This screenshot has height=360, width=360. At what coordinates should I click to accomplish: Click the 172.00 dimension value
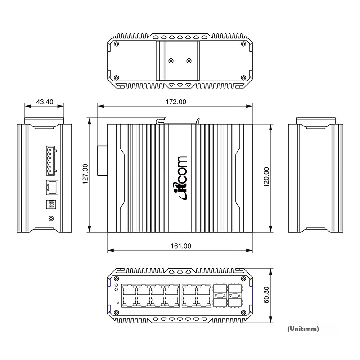point(176,102)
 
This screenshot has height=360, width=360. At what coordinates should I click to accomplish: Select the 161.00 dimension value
point(181,246)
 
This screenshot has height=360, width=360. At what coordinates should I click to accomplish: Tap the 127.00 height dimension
point(85,174)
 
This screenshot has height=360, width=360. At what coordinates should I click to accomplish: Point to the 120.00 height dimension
point(266,177)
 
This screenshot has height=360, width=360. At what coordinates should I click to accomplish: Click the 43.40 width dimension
point(45,102)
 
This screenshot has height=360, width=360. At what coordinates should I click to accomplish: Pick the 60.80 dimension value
point(266,295)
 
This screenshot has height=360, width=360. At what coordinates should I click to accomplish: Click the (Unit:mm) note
point(303,328)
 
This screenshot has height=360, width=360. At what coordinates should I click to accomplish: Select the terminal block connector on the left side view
point(51,161)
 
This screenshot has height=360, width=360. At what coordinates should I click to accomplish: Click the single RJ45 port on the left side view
point(52,187)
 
